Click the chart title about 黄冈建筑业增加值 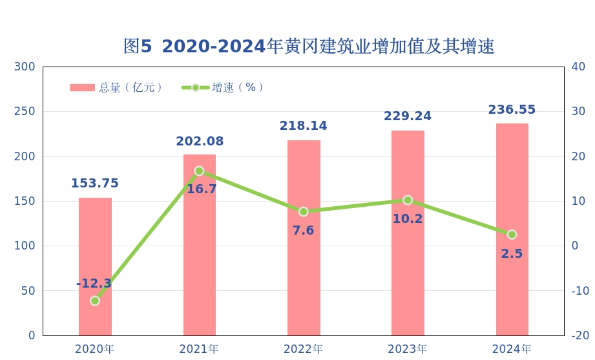click(309, 47)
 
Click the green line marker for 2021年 click(199, 171)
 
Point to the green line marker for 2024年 click(512, 235)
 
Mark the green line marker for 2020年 click(95, 301)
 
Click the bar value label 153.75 click(95, 184)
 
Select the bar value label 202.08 click(200, 142)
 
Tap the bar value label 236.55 click(512, 110)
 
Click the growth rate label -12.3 click(94, 284)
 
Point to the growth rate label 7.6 click(303, 231)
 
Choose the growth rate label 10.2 click(408, 219)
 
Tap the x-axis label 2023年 click(407, 349)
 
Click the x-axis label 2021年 click(199, 349)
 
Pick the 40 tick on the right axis click(579, 67)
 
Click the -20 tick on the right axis click(580, 335)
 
